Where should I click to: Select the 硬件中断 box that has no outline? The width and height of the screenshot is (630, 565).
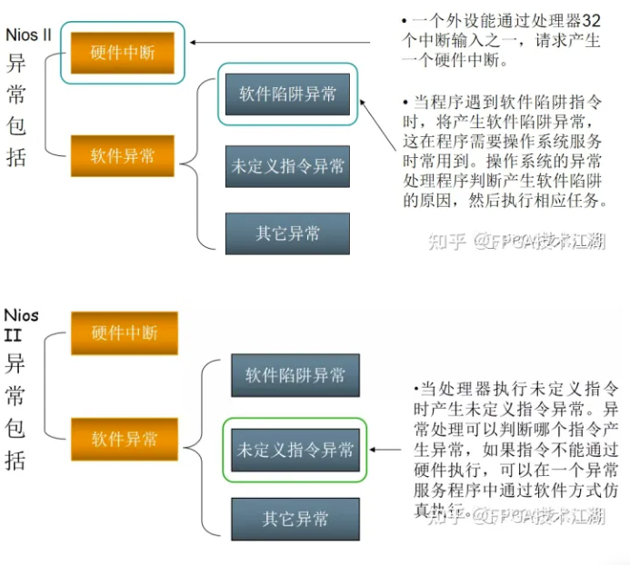point(125,333)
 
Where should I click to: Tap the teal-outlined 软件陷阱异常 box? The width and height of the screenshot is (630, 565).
point(288,94)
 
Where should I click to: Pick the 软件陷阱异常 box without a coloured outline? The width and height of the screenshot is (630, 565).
point(289,375)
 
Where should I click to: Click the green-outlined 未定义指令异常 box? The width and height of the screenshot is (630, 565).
point(295,450)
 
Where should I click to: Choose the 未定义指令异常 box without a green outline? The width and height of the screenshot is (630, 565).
point(288,166)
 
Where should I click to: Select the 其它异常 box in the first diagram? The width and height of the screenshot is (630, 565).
point(288,233)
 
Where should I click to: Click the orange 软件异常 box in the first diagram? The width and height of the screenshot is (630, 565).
point(124,156)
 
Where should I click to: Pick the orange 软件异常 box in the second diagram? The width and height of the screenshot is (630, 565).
point(125,440)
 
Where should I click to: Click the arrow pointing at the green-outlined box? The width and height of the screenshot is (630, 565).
point(386,449)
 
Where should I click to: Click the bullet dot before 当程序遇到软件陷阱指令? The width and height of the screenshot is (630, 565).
point(404,101)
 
